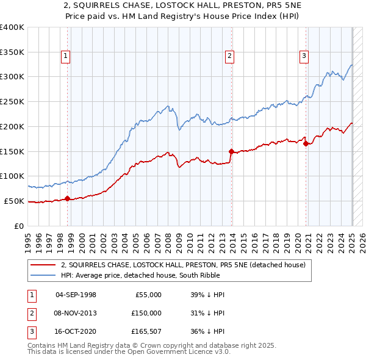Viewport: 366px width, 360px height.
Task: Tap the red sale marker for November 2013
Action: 231,151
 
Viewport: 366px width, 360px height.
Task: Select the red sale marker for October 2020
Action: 306,143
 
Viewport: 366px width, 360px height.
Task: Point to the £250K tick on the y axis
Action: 12,101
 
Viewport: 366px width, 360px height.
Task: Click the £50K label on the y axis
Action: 14,201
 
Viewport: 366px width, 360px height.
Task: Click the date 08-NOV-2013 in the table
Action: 76,313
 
